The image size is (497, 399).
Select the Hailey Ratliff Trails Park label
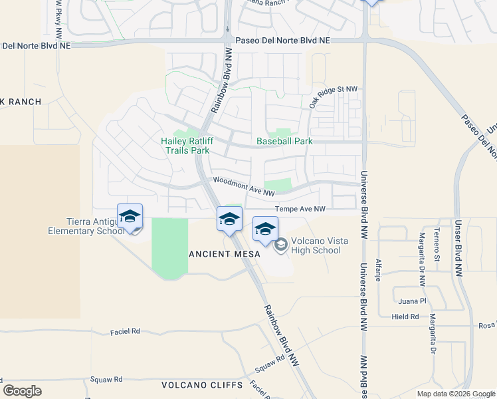(185, 146)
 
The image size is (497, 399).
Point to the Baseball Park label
(284, 142)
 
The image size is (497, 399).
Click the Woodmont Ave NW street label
(243, 187)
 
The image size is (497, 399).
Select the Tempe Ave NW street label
(300, 209)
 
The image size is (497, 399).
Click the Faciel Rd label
(126, 331)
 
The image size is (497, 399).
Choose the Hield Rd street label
(405, 317)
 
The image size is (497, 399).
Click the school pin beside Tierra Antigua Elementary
(130, 216)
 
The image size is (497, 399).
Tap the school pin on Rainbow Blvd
(229, 218)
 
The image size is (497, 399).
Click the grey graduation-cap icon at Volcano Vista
(280, 245)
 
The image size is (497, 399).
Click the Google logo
(23, 391)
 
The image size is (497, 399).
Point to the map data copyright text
(455, 394)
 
